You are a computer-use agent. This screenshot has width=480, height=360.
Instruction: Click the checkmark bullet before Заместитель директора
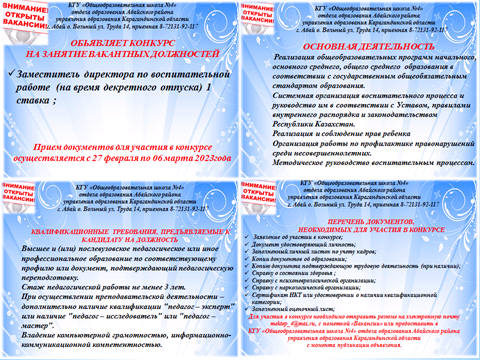11,74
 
